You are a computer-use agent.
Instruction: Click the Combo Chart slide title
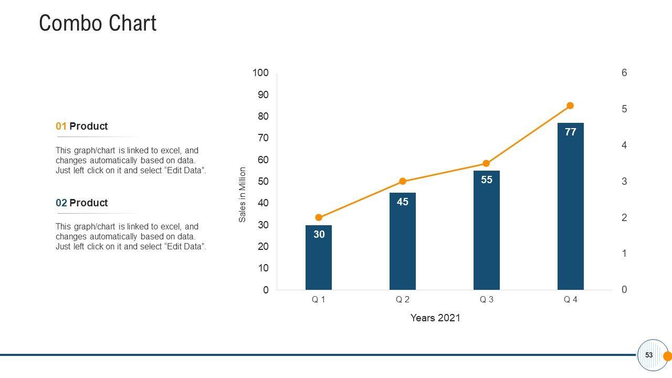tap(98, 24)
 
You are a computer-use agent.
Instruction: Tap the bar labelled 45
tap(403, 241)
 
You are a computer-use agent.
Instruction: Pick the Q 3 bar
tap(487, 231)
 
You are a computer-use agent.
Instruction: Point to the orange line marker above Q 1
tap(319, 217)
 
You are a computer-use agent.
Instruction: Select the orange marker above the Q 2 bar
tap(403, 181)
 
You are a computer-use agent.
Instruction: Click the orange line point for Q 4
tap(571, 106)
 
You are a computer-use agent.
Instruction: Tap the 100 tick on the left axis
tap(260, 73)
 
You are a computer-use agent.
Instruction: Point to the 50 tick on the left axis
tap(262, 182)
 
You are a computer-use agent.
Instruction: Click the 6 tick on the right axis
tap(624, 73)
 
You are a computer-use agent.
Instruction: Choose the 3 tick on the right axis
tap(624, 182)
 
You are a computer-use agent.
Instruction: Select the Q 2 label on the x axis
tap(403, 300)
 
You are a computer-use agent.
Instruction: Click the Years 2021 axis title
tap(435, 318)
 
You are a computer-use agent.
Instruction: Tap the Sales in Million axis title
tap(243, 194)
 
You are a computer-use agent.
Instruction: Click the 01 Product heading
tap(82, 126)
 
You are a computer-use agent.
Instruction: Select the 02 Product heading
tap(82, 203)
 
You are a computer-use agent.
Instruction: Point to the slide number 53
tap(649, 355)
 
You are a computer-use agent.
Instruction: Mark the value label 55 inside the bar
tap(487, 180)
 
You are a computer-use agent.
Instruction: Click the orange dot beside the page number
tap(668, 356)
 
